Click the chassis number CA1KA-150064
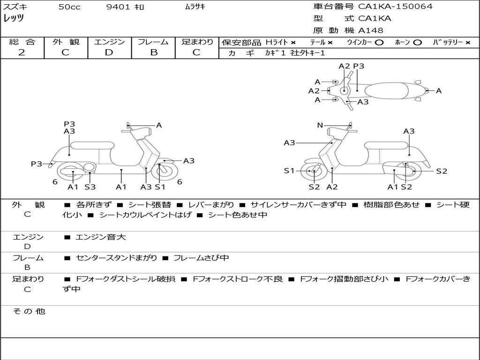(395, 7)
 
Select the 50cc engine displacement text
(69, 7)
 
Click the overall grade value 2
(22, 52)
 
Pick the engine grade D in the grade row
(109, 52)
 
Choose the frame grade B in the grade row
(153, 52)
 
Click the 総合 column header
(22, 42)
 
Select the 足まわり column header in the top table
(197, 42)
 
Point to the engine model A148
(371, 30)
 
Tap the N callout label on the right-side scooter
(320, 125)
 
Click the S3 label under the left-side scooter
(90, 187)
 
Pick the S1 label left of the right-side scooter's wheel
(289, 171)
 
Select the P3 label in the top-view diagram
(359, 66)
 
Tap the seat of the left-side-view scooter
(92, 145)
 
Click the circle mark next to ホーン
(417, 42)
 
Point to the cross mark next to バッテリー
(467, 42)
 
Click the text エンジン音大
(101, 237)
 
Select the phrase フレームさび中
(201, 258)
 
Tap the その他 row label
(29, 311)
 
